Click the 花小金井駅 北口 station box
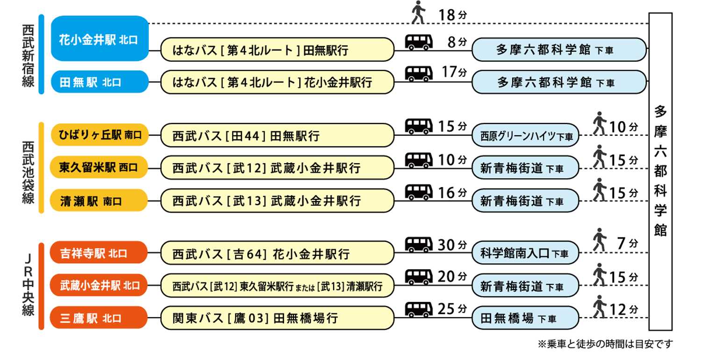99,39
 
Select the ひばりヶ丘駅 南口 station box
99,136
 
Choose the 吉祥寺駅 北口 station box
99,253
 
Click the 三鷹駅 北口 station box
99,318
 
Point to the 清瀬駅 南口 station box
99,201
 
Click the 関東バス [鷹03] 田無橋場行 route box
277,318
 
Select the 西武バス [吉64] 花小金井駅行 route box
277,254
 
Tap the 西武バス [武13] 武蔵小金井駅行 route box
277,201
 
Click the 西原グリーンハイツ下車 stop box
525,137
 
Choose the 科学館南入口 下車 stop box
525,254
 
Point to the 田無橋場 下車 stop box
525,318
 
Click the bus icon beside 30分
419,245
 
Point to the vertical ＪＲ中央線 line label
29,285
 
